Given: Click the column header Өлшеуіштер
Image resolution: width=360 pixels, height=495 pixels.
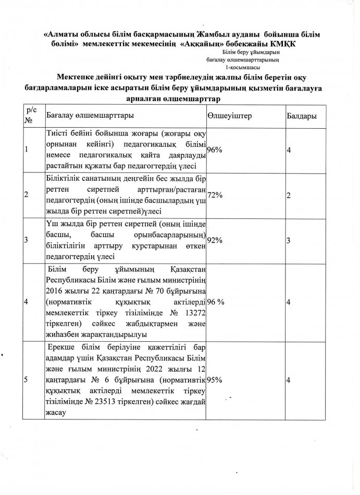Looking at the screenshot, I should click(229, 115).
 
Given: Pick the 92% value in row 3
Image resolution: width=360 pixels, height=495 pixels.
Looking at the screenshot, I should click(215, 240).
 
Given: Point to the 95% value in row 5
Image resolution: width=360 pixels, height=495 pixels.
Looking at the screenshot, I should click(215, 380).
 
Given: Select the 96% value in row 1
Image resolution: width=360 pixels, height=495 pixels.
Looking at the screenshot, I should click(215, 150).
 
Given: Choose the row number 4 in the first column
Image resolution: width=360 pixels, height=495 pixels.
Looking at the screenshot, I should click(27, 302).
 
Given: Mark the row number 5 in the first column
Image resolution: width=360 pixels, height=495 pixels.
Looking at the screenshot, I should click(27, 380).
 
